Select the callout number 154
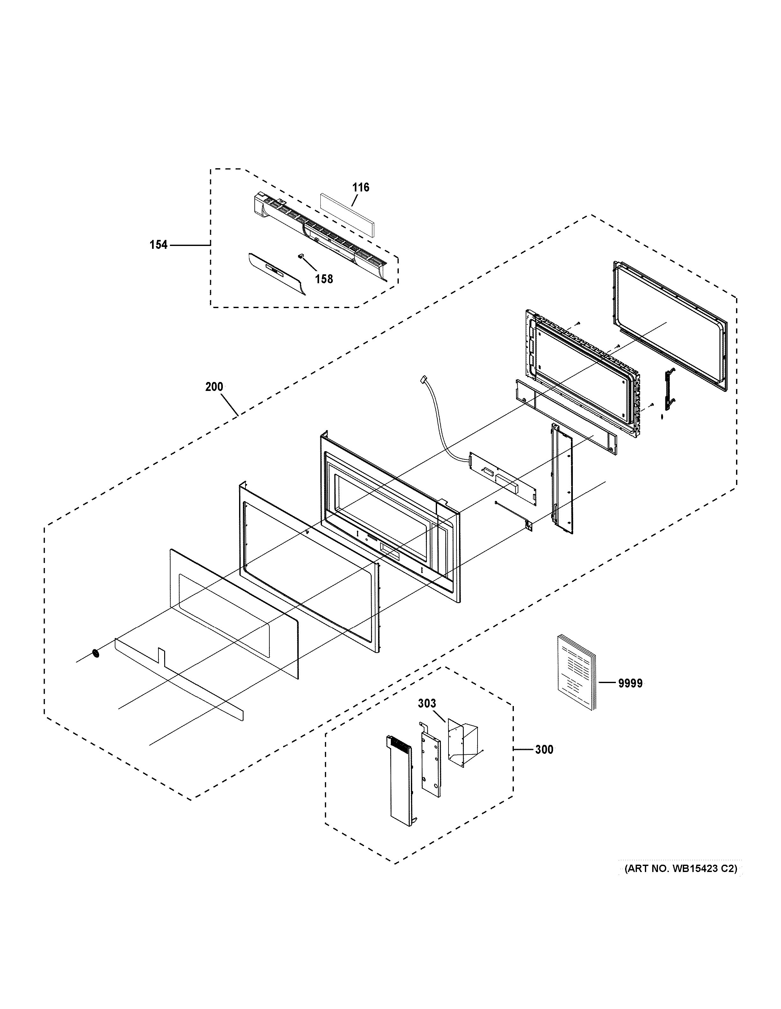158,245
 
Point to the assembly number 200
214,387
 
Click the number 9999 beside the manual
630,696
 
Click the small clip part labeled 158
301,255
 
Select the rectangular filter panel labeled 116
347,214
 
